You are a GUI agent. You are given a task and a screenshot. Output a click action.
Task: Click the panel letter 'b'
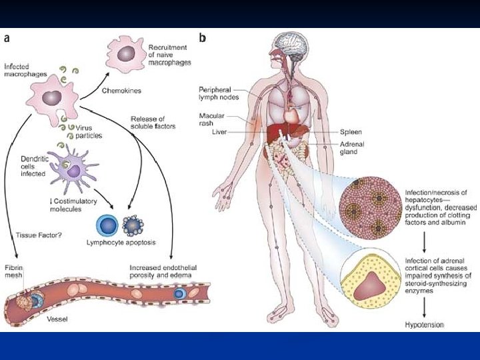click(203, 38)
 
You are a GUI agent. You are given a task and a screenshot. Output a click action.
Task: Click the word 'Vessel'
click(57, 319)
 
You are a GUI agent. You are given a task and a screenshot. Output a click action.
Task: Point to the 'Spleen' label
click(351, 132)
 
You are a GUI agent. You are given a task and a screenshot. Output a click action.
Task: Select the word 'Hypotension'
click(425, 325)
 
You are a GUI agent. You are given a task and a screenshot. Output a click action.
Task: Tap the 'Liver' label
click(220, 133)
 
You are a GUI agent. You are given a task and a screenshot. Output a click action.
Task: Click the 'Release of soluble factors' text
click(154, 123)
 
